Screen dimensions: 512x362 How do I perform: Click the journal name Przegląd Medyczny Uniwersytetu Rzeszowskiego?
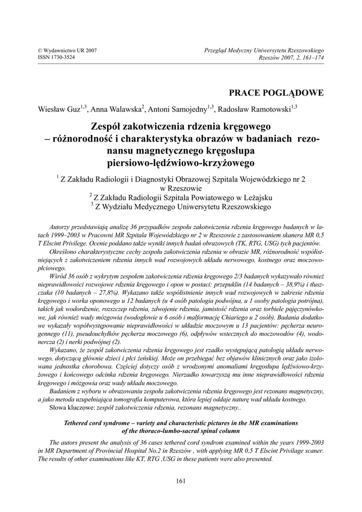(x=264, y=50)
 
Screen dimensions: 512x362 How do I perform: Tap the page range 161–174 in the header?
(x=311, y=57)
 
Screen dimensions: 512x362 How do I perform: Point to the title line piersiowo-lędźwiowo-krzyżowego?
(x=181, y=162)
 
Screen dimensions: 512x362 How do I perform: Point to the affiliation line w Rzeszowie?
(x=181, y=188)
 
